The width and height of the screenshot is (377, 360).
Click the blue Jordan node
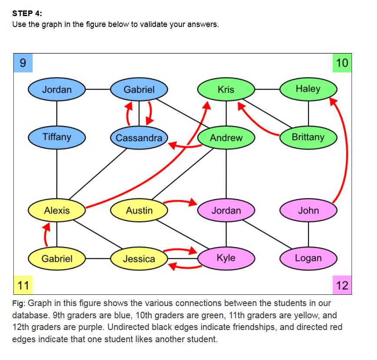click(57, 90)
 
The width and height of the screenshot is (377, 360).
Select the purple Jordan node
click(226, 211)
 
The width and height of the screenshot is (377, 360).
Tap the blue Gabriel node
click(139, 90)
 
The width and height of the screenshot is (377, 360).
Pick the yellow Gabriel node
click(57, 259)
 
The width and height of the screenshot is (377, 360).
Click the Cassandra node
click(139, 138)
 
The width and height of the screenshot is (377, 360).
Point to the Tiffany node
click(57, 137)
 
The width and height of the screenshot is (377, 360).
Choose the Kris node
click(226, 90)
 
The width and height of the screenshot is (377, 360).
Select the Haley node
click(308, 89)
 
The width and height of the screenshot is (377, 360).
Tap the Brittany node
click(308, 137)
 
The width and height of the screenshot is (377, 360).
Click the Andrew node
click(226, 138)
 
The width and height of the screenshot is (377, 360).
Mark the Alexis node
click(57, 211)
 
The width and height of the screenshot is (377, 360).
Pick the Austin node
click(139, 211)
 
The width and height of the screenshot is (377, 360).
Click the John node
click(308, 211)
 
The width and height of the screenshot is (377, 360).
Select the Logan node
click(308, 258)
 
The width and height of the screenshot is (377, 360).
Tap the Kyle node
click(226, 258)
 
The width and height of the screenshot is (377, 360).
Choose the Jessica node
click(139, 259)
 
